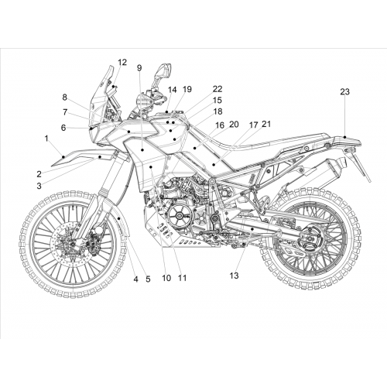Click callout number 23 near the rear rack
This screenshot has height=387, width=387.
point(344,91)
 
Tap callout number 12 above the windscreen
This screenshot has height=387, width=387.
point(122,62)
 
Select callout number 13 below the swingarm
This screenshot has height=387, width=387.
point(235,276)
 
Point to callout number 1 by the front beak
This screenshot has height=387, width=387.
point(46,139)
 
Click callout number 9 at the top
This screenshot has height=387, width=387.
point(139,68)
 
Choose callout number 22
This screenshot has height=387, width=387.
point(217,89)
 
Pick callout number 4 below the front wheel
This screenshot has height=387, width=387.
point(135,279)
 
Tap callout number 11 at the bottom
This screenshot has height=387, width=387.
point(182,278)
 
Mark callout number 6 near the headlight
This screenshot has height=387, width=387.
point(63,128)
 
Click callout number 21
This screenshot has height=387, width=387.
point(266,124)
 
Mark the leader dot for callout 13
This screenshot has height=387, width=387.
point(252,229)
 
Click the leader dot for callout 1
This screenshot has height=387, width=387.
point(63,156)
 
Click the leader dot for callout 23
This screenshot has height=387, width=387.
point(345,137)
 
